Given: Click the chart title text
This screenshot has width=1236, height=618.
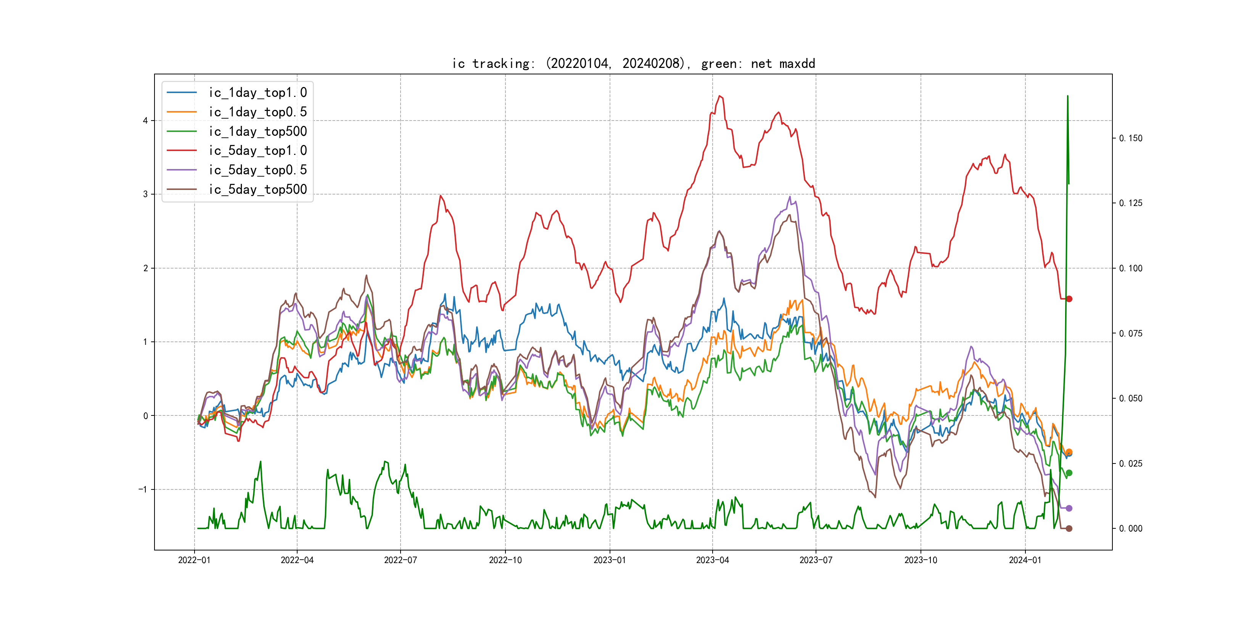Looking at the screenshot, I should coord(633,63).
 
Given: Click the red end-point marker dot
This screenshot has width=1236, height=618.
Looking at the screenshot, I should coord(1069,299).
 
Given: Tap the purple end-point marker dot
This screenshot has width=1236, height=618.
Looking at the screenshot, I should coord(1069,508).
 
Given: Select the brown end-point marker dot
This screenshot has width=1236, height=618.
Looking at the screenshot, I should coord(1069,528).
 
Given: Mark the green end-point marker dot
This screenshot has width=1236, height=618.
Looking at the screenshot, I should coord(1069,473).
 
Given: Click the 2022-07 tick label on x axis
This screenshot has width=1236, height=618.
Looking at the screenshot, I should coord(400,560).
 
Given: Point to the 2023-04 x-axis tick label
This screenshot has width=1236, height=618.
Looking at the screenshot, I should coord(712,560).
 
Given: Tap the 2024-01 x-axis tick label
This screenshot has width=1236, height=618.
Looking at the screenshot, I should coord(1025,560).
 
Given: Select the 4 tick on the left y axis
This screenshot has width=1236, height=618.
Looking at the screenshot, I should coord(145,121).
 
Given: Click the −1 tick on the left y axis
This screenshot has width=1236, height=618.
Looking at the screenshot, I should coord(143,489).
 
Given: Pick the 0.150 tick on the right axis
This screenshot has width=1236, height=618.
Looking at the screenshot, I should coord(1131,138).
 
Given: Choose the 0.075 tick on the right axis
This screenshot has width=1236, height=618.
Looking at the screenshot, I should coord(1131,333).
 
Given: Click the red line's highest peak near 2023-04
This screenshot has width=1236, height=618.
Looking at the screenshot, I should coord(720,96).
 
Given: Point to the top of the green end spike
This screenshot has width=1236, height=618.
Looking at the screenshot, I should coord(1068,96).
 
